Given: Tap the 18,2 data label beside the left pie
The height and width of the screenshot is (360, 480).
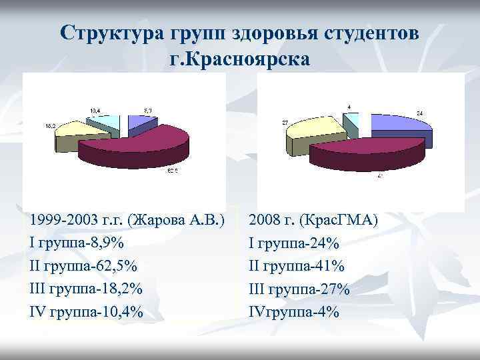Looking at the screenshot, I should click(x=50, y=125).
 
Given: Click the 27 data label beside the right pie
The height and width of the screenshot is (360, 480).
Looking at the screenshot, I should click(x=285, y=123).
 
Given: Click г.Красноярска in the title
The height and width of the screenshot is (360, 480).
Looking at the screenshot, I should click(x=240, y=59).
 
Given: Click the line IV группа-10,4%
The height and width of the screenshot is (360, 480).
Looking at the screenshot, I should click(x=86, y=311).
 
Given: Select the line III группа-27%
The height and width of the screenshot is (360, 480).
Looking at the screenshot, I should click(x=299, y=289).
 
